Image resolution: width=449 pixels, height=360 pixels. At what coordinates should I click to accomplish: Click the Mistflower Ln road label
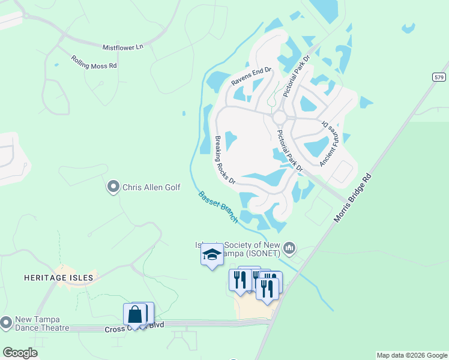pyautogui.click(x=123, y=46)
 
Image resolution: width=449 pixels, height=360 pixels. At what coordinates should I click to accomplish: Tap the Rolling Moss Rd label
pyautogui.click(x=94, y=62)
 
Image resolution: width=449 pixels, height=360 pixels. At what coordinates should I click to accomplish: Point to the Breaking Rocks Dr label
pyautogui.click(x=224, y=160)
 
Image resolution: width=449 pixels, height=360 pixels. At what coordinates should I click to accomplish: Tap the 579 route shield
pyautogui.click(x=439, y=77)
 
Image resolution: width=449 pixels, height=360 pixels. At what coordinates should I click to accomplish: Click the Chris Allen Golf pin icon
pyautogui.click(x=113, y=187)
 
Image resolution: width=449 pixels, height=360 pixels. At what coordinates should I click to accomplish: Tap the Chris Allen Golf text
pyautogui.click(x=151, y=187)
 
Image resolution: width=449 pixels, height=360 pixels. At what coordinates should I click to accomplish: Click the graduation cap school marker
pyautogui.click(x=211, y=255)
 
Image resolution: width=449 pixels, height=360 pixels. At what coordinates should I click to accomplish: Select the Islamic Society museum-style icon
pyautogui.click(x=290, y=248)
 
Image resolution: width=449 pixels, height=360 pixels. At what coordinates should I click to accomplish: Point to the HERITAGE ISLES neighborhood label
pyautogui.click(x=59, y=278)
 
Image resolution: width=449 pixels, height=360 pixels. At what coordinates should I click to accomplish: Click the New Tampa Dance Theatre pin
pyautogui.click(x=7, y=323)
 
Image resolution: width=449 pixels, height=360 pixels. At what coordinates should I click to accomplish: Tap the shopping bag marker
pyautogui.click(x=136, y=314)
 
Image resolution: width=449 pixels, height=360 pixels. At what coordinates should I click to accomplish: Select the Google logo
pyautogui.click(x=20, y=352)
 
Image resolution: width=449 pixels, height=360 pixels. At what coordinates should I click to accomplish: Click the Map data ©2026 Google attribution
pyautogui.click(x=411, y=355)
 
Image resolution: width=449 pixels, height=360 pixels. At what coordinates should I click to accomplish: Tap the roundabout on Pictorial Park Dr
pyautogui.click(x=279, y=117)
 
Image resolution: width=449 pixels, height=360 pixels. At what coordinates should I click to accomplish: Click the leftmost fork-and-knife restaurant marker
pyautogui.click(x=240, y=281)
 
